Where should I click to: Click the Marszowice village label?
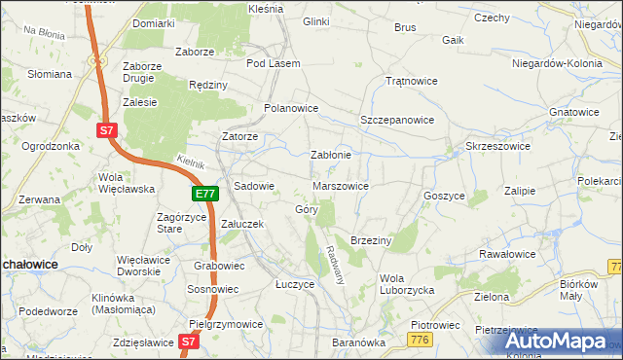tap(341, 185)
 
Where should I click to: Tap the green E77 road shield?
tap(204, 195)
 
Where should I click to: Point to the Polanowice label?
tap(291, 108)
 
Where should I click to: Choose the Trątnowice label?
tap(409, 81)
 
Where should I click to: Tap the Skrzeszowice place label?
tap(497, 146)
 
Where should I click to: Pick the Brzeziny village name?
tap(370, 239)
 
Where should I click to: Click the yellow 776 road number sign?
tap(420, 338)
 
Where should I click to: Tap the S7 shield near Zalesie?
tap(108, 129)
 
